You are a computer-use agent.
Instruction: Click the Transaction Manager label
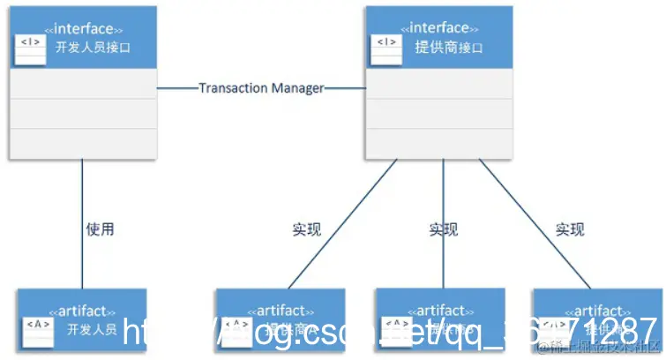pyautogui.click(x=261, y=88)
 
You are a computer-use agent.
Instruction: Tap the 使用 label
pyautogui.click(x=100, y=229)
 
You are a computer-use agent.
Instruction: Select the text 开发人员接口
pyautogui.click(x=93, y=47)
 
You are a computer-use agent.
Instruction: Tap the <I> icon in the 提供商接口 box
pyautogui.click(x=385, y=41)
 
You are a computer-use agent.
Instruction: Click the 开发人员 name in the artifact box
pyautogui.click(x=92, y=329)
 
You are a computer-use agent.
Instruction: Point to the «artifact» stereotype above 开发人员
pyautogui.click(x=84, y=311)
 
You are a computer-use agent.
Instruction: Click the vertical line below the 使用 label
pyautogui.click(x=83, y=265)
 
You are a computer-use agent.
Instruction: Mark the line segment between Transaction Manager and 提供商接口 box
pyautogui.click(x=345, y=88)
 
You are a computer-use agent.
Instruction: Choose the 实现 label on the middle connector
pyautogui.click(x=444, y=229)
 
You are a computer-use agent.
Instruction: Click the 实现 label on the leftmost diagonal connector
pyautogui.click(x=306, y=229)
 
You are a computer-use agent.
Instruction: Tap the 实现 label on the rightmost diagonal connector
pyautogui.click(x=570, y=229)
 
